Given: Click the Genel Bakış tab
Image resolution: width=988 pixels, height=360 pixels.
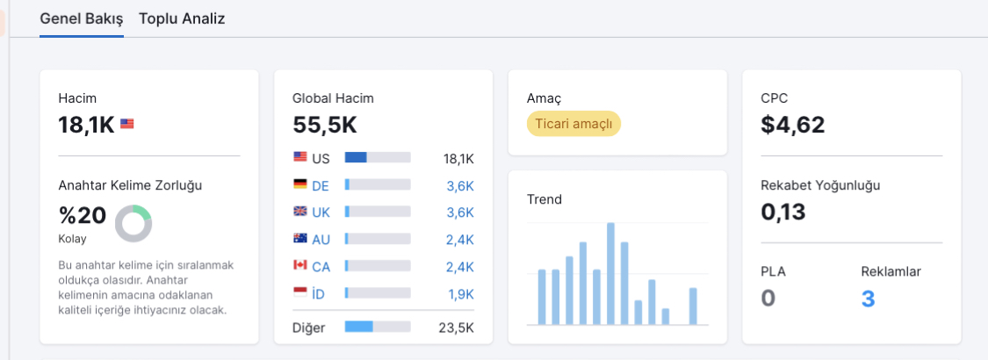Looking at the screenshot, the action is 82,18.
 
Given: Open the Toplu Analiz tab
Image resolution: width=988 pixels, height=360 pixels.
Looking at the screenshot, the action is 182,18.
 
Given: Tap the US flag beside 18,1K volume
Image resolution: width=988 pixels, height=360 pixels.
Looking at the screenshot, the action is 127,124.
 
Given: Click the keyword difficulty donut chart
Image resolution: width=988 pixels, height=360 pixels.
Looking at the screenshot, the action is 133,223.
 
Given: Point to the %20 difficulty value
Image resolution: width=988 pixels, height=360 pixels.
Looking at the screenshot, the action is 83,216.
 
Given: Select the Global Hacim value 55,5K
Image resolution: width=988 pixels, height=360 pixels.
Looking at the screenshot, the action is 324,125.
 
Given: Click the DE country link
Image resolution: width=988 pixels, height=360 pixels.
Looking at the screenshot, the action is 321,185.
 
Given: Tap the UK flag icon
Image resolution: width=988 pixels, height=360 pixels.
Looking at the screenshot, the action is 300,212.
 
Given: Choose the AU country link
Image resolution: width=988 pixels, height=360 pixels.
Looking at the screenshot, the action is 321,240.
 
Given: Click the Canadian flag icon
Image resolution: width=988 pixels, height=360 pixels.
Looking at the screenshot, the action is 300,265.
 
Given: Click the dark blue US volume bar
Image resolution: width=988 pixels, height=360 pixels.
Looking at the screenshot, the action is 356,158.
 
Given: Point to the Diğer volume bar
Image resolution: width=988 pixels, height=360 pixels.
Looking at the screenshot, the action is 378,327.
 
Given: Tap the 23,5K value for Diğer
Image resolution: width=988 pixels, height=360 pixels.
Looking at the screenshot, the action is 456,328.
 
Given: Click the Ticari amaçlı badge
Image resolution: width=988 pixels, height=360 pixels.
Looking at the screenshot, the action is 573,124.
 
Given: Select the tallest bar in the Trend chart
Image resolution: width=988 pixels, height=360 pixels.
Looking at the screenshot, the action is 610,274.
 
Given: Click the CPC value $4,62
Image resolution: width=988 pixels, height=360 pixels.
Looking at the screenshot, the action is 793,125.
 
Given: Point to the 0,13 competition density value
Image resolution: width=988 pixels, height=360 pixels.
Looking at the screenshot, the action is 783,212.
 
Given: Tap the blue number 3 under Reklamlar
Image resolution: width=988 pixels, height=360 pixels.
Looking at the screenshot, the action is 868,299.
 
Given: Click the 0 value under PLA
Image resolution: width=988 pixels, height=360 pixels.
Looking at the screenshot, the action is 768,299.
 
